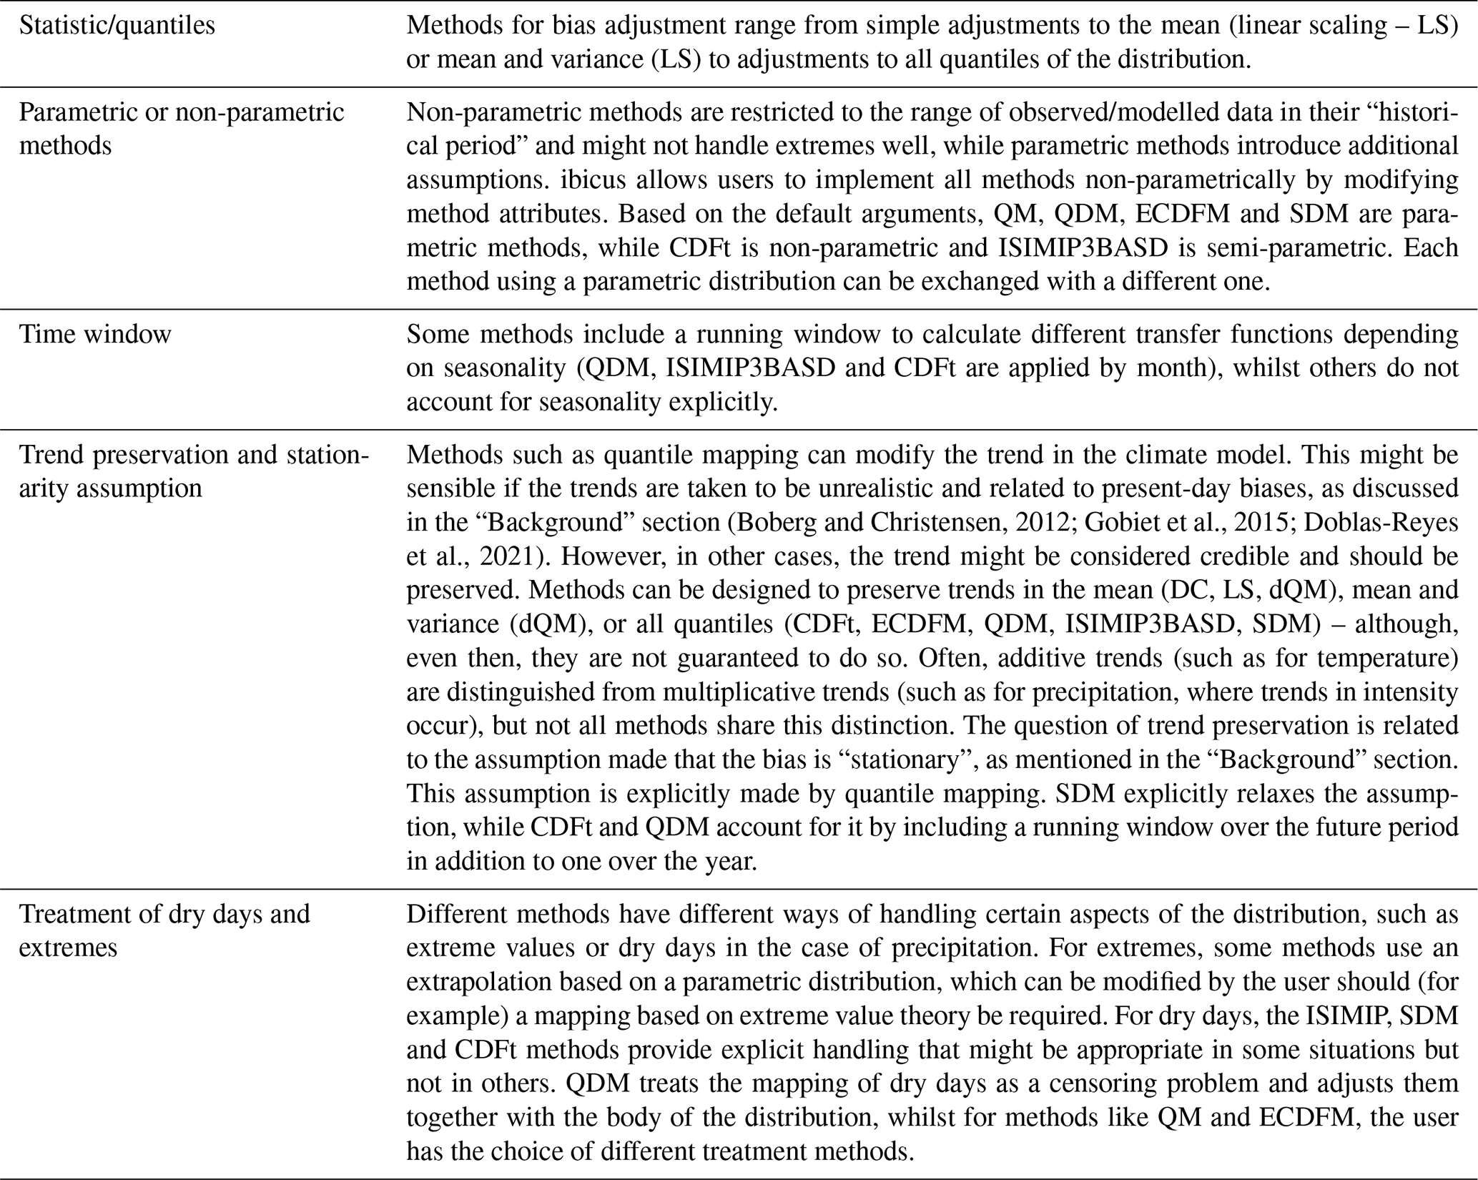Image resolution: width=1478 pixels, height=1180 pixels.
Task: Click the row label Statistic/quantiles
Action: [x=117, y=26]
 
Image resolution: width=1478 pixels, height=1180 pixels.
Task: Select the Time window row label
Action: [x=95, y=334]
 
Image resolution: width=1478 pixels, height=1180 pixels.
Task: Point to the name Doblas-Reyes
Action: [x=1381, y=523]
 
